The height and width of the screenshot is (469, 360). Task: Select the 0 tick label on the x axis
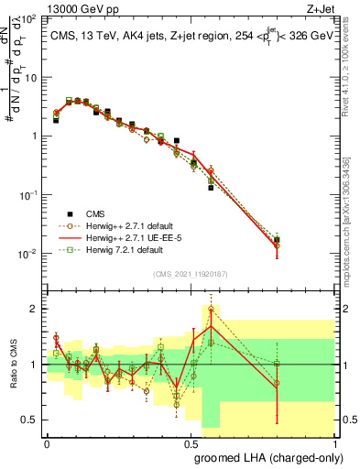point(47,442)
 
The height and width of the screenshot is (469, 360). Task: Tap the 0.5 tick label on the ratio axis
point(30,420)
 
